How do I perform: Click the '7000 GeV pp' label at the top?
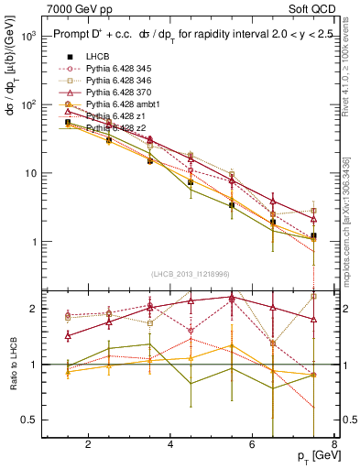[x=75, y=8]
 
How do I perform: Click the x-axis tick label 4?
[x=171, y=446]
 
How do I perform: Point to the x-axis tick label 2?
[x=88, y=446]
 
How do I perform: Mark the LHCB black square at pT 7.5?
[x=314, y=235]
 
